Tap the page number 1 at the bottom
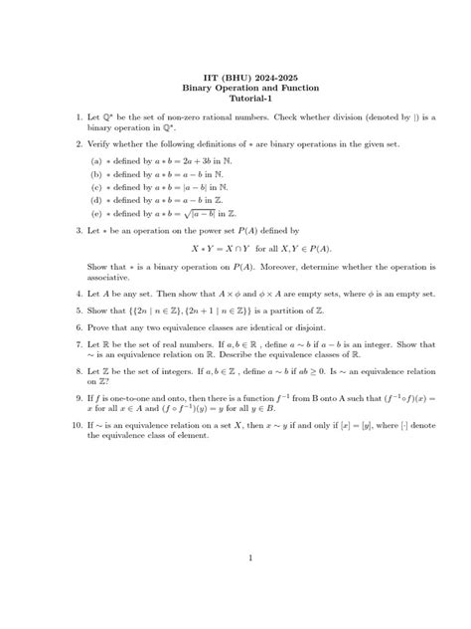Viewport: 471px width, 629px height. coord(250,557)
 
